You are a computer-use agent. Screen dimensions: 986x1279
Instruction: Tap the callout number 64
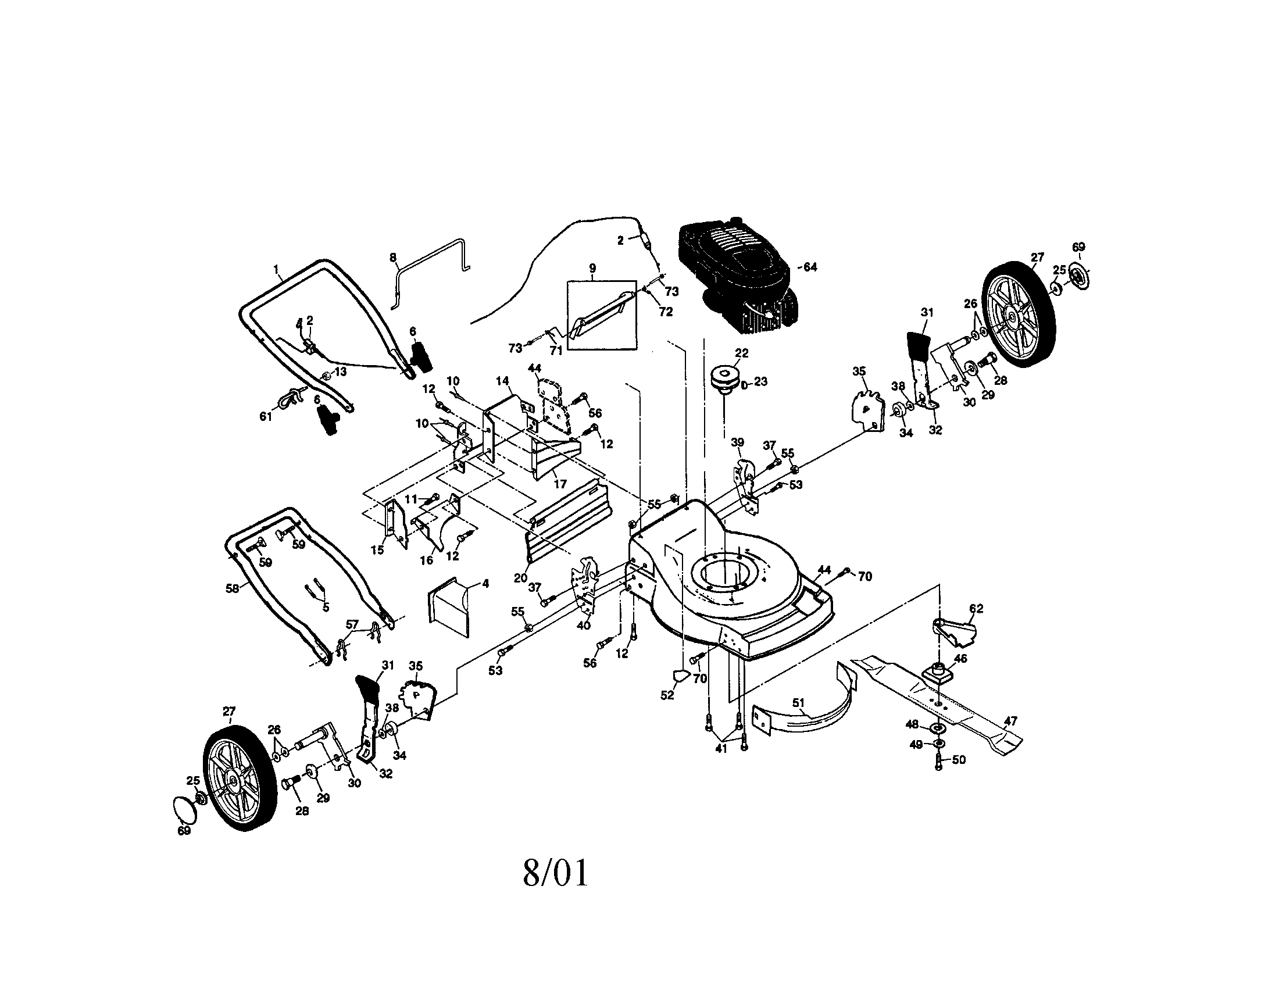810,267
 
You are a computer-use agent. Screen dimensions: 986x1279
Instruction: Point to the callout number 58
233,588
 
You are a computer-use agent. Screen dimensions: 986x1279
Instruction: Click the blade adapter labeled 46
938,672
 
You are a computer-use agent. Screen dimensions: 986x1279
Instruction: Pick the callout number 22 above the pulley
741,353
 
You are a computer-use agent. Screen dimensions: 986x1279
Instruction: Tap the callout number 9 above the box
592,269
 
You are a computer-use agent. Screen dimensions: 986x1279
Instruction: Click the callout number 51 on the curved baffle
798,702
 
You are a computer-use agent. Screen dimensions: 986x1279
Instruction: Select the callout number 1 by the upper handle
276,269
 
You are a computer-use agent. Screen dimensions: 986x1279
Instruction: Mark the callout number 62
976,608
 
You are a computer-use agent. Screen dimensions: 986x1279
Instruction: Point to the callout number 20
521,578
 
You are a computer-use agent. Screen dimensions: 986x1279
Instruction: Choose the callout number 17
560,484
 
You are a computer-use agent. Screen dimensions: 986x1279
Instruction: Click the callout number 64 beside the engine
810,267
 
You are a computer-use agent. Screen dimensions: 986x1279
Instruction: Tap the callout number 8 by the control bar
393,257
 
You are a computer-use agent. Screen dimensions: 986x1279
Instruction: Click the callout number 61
266,416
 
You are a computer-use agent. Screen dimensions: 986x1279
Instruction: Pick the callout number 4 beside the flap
485,584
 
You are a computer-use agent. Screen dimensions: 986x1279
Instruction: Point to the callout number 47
1012,721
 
